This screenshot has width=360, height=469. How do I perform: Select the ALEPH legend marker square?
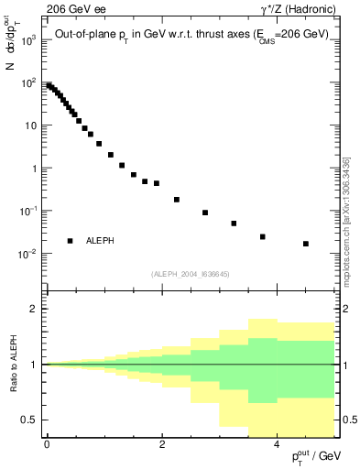70,241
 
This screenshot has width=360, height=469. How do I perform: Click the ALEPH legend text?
100,241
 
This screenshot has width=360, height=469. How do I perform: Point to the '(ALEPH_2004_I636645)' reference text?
190,273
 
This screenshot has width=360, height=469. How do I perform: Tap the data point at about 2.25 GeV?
177,199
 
